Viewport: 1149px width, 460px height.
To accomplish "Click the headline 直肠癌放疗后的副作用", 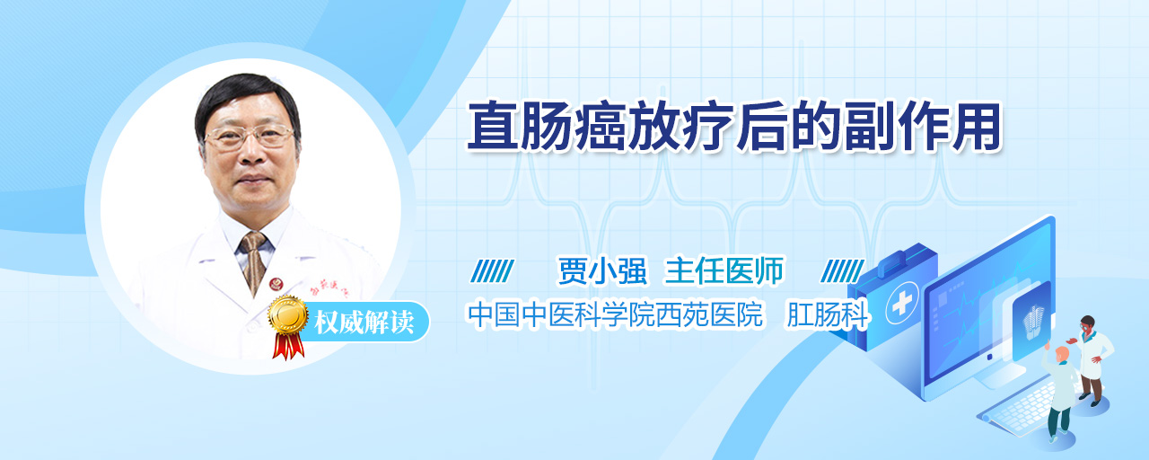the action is pos(733,127).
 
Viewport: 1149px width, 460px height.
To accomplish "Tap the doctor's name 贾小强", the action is pos(602,271).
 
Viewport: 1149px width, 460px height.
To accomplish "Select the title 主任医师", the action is pos(724,271).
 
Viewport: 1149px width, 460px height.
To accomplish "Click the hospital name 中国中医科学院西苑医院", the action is pos(616,314).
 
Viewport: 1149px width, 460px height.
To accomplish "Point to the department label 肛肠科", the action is pos(828,314).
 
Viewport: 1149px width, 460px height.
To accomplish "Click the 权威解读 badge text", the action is pos(364,323).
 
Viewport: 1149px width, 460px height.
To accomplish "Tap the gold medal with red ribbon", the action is pos(288,326).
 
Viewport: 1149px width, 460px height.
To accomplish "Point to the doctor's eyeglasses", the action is pos(250,136).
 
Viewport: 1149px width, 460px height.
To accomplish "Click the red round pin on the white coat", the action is pos(276,284).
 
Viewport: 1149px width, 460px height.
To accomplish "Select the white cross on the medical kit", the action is pos(902,303).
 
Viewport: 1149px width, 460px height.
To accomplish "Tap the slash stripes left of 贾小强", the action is pos(493,271).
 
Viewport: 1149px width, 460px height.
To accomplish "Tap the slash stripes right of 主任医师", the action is pos(842,271).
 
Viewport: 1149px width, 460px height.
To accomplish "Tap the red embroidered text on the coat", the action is pos(329,291).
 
